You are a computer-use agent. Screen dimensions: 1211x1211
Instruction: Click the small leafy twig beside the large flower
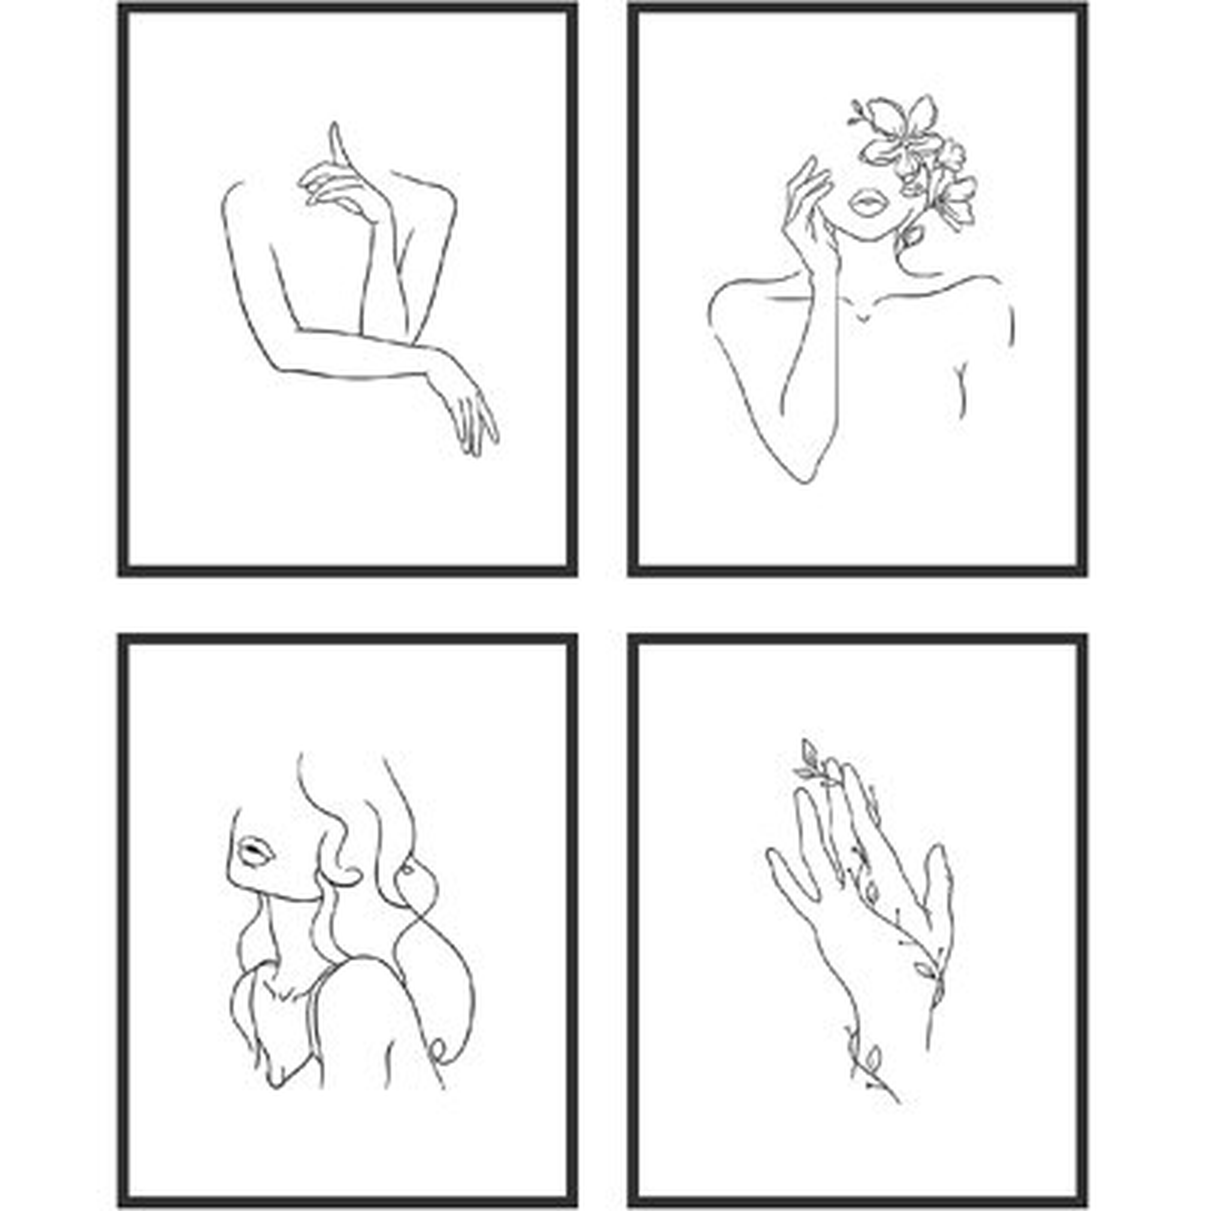[859, 116]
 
